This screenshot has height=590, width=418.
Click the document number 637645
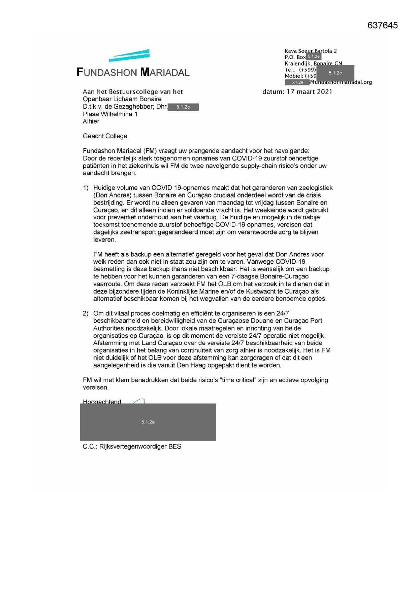382,26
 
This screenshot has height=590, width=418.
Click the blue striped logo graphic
129,56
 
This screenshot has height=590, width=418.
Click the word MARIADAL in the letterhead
165,72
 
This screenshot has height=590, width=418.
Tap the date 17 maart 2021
309,91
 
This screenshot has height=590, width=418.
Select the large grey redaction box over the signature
148,422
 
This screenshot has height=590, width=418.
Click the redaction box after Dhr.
183,107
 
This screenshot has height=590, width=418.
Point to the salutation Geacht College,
106,136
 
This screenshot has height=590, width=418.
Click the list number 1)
86,188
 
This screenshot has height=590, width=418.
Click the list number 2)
86,314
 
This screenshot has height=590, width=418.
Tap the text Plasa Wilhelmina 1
110,114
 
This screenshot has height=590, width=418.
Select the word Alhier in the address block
91,121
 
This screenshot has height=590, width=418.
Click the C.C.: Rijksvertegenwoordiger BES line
132,446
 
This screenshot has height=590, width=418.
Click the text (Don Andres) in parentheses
112,195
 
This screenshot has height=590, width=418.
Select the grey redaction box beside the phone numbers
335,73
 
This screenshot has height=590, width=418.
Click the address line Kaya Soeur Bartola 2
311,51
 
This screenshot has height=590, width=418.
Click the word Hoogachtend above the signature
102,402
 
